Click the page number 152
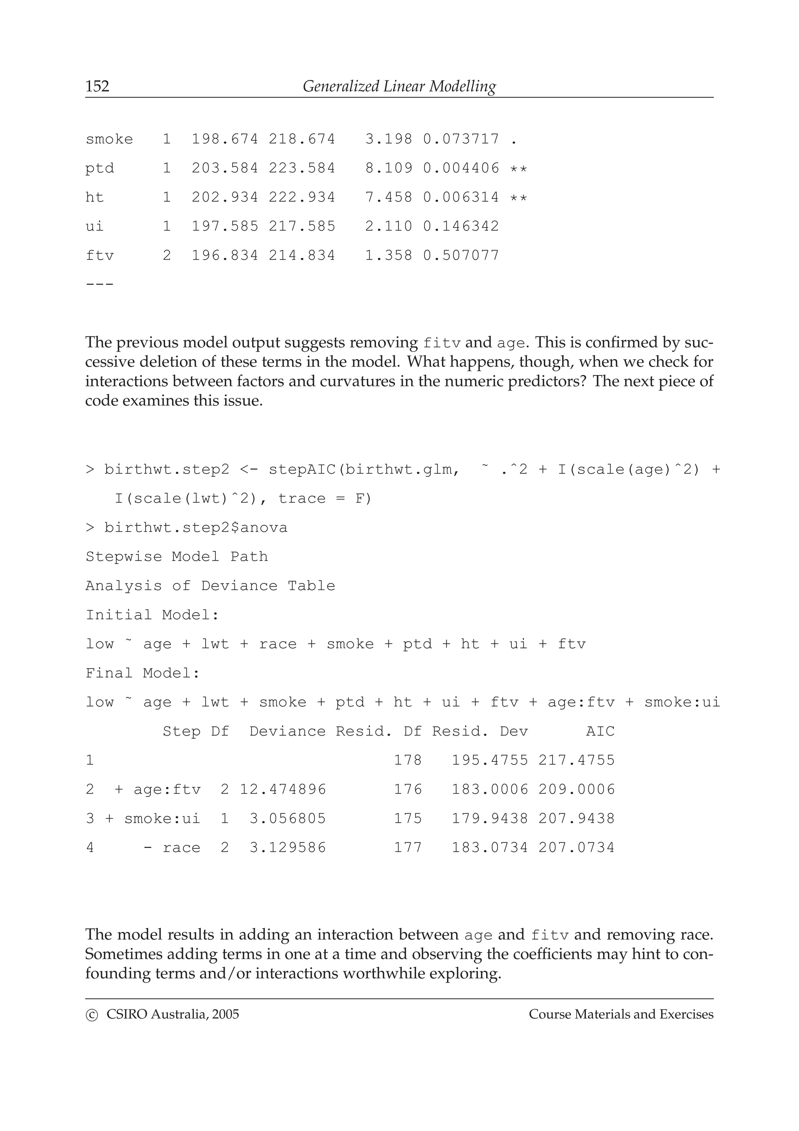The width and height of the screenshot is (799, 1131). [x=98, y=87]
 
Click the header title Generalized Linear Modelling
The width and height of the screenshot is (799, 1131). [x=399, y=87]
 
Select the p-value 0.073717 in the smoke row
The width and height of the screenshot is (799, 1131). [x=461, y=139]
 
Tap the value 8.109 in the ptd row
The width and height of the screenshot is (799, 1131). [x=389, y=169]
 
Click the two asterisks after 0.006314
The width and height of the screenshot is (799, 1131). [x=518, y=198]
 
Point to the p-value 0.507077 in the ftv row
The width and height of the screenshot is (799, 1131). [x=461, y=256]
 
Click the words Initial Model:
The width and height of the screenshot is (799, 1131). [x=152, y=615]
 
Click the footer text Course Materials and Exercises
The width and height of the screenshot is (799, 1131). [x=621, y=1014]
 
